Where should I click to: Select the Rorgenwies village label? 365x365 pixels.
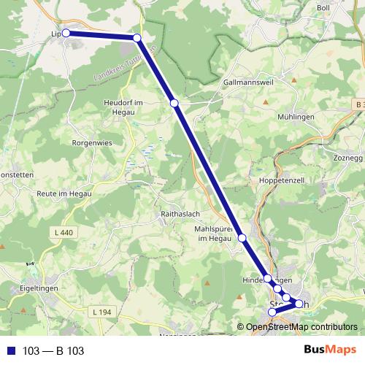[x=91, y=143]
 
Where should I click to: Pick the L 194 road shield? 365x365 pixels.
[x=104, y=312]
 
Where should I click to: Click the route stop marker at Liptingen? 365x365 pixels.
[x=66, y=33]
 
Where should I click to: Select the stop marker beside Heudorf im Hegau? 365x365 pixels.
[x=174, y=104]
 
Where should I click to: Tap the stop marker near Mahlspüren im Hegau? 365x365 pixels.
[x=242, y=239]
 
